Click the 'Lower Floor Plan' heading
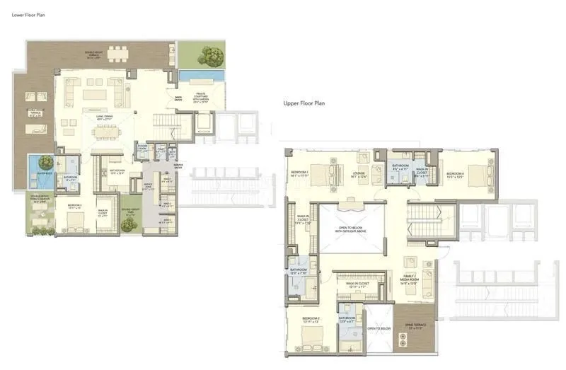[28, 14]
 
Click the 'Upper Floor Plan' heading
[304, 103]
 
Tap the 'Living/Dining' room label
[105, 119]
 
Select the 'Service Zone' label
[149, 186]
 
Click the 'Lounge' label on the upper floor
[359, 174]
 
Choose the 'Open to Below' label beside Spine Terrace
[379, 328]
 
